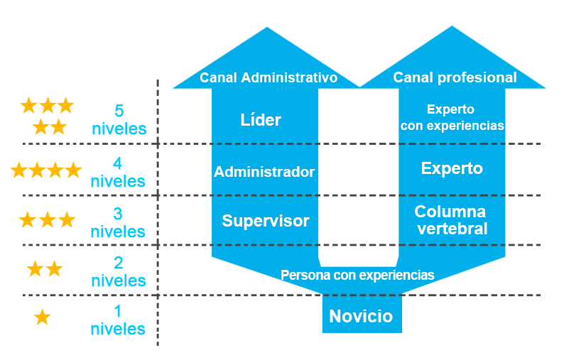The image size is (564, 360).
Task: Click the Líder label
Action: [x=261, y=120]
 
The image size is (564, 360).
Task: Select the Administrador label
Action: [x=264, y=172]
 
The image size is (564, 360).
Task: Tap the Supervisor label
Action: [x=266, y=220]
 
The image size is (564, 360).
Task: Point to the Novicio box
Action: [x=362, y=314]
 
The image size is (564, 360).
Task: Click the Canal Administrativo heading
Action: [x=269, y=77]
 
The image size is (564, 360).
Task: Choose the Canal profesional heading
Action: [x=455, y=77]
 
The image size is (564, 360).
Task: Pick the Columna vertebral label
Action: [x=452, y=219]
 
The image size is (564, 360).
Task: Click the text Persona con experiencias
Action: [x=357, y=275]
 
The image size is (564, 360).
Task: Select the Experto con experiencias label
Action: [x=452, y=117]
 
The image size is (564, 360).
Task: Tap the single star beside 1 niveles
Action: [x=42, y=317]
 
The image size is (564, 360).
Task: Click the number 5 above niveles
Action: [x=119, y=111]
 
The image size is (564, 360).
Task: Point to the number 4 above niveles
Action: [x=118, y=163]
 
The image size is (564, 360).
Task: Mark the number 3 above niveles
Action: [x=118, y=214]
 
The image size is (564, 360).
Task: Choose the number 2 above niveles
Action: [x=119, y=263]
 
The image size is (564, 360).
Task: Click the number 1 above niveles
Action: [x=118, y=312]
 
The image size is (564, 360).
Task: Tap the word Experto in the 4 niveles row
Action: [x=452, y=169]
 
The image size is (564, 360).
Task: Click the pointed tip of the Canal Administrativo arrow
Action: [x=267, y=27]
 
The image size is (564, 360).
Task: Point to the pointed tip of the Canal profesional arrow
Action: [x=452, y=26]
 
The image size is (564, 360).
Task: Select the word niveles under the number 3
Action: [x=118, y=231]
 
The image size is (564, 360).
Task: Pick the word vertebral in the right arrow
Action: [x=452, y=229]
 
